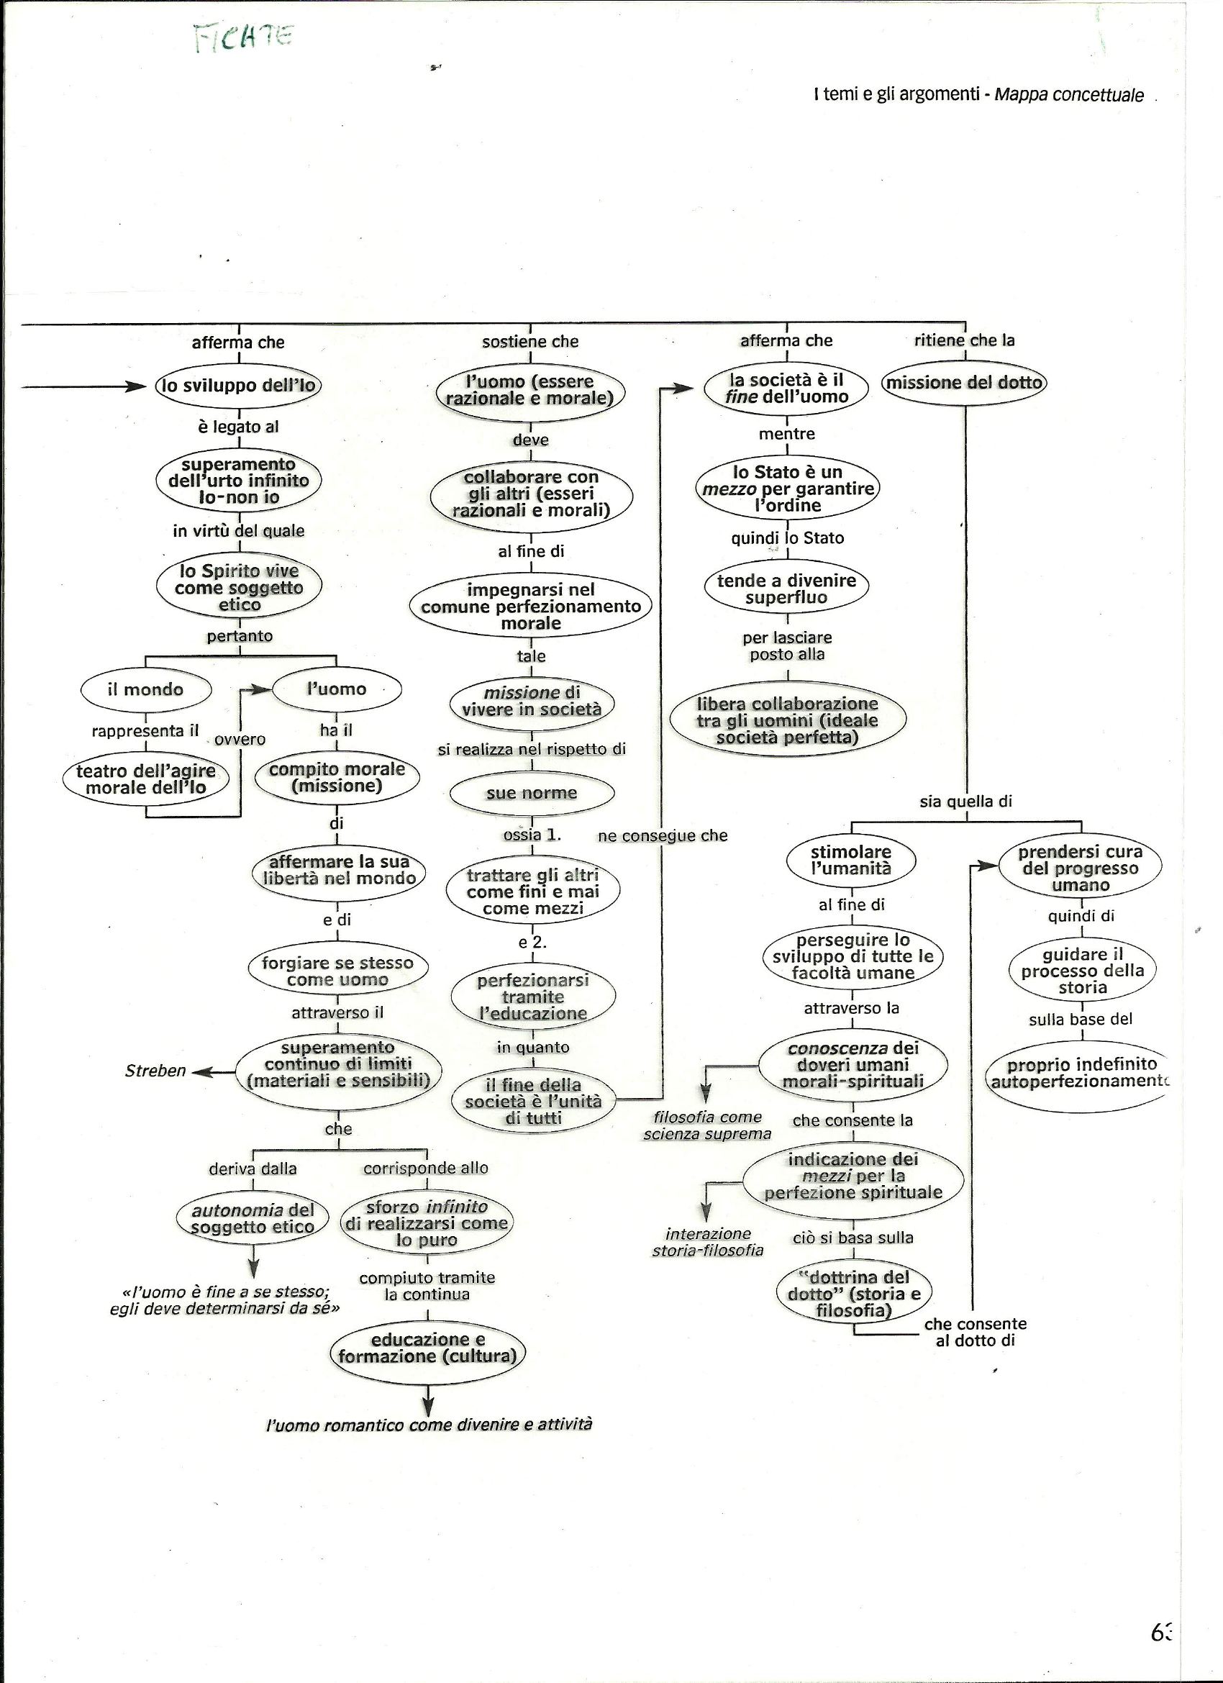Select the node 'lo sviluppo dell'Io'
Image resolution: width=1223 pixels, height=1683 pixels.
239,385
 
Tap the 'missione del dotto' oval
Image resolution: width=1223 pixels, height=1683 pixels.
964,383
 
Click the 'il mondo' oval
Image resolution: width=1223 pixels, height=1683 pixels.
145,689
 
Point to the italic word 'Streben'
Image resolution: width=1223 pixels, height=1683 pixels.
155,1071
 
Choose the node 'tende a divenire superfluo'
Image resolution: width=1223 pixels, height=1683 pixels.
786,589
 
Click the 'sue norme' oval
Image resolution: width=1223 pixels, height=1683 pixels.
532,793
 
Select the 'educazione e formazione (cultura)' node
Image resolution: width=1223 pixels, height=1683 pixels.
427,1348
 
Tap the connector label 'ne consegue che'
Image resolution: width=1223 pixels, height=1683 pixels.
663,836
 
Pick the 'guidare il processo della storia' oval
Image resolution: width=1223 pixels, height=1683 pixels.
1083,971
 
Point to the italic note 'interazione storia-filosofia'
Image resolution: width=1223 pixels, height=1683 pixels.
708,1241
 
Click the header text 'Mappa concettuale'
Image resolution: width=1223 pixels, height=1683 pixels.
1068,95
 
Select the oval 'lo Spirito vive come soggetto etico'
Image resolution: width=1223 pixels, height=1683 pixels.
240,588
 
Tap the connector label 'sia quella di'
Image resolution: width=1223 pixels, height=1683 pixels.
965,802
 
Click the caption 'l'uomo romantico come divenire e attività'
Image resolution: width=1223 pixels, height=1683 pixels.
429,1425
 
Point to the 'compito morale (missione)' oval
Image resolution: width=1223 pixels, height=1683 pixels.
337,778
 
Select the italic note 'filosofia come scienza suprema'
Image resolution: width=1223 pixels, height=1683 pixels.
707,1125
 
